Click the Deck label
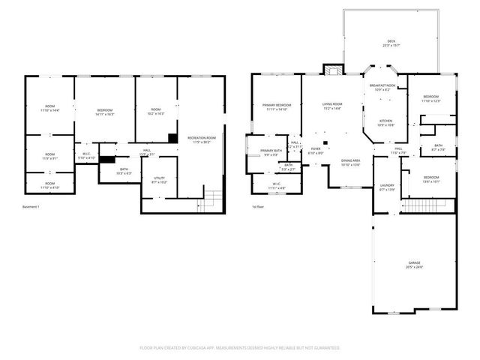(x=391, y=42)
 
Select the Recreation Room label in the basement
(x=201, y=139)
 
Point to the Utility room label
(x=159, y=179)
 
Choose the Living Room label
(x=332, y=106)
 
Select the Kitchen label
(x=385, y=121)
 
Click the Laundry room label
(x=387, y=186)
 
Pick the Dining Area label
(x=351, y=161)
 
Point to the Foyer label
(x=316, y=150)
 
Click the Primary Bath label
(x=271, y=152)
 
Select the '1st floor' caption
(x=258, y=206)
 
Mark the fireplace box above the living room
(x=331, y=70)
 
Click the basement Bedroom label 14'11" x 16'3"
(x=104, y=112)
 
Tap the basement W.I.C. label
(x=87, y=156)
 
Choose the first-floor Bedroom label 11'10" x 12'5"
(x=430, y=98)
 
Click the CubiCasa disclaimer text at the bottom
(x=240, y=347)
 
